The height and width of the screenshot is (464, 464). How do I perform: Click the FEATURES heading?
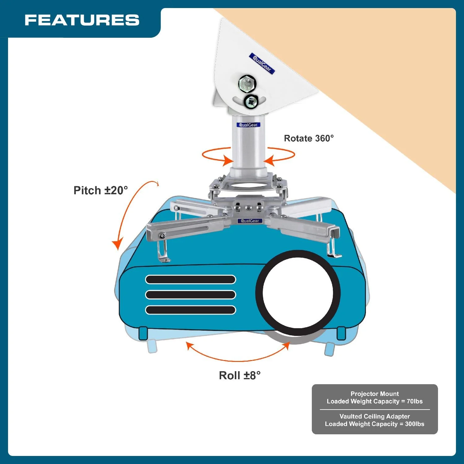click(82, 20)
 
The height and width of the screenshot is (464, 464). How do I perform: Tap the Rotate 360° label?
click(309, 138)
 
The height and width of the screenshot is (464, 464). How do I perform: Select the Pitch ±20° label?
click(101, 190)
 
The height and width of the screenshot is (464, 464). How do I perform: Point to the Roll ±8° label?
click(240, 376)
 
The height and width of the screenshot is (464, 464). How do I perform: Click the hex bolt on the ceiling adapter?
click(247, 84)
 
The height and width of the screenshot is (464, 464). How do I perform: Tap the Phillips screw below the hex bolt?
click(251, 101)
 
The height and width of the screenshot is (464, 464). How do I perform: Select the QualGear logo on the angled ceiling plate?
click(262, 63)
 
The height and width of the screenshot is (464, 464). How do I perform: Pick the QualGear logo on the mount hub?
click(250, 221)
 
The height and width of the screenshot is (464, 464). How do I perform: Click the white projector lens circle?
click(298, 293)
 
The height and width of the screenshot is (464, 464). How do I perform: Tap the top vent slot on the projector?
click(191, 280)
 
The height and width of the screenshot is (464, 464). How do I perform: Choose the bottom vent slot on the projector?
click(191, 310)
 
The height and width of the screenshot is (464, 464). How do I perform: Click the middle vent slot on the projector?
click(191, 295)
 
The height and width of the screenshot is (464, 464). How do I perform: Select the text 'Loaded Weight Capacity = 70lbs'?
click(375, 401)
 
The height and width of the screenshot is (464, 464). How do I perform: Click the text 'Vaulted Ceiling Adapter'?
click(375, 416)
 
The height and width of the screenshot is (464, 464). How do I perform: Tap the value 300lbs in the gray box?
click(415, 424)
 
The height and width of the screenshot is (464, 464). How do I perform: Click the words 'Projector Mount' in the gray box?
click(375, 394)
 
